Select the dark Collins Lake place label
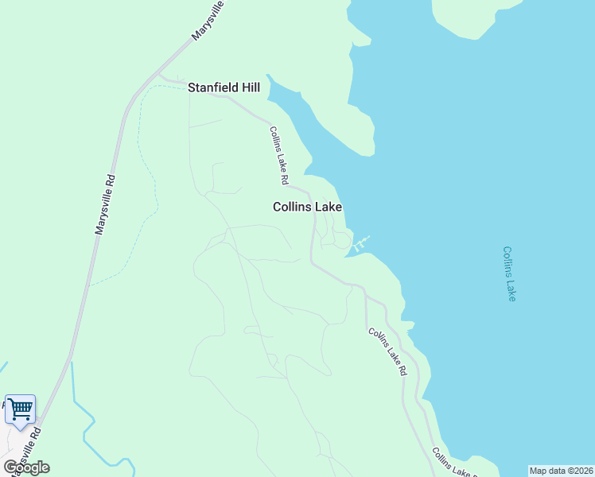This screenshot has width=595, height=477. [307, 207]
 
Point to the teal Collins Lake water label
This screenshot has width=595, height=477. [510, 273]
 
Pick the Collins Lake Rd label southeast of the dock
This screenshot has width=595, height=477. [387, 351]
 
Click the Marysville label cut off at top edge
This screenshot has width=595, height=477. [209, 21]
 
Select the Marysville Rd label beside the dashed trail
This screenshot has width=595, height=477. [105, 205]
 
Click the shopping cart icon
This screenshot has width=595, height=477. [21, 409]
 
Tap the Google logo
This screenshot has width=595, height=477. [26, 467]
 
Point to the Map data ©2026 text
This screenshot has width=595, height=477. [561, 471]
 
